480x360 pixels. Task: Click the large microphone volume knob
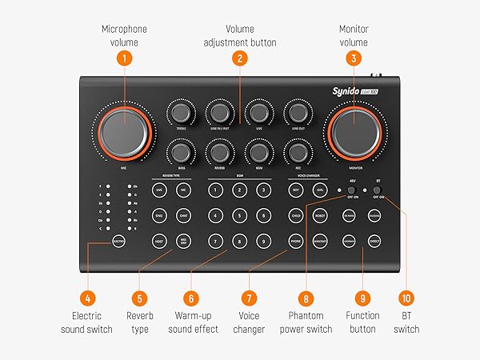tap(123, 131)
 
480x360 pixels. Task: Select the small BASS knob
tap(181, 152)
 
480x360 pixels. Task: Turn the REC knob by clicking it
tap(298, 152)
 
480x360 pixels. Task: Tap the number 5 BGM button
tap(239, 215)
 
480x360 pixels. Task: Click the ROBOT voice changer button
tap(319, 215)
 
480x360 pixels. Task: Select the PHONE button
tap(295, 240)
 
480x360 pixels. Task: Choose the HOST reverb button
tap(159, 240)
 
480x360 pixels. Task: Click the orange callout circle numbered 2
tap(239, 58)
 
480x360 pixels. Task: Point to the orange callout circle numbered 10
tap(406, 298)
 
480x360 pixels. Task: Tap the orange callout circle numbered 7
tap(249, 298)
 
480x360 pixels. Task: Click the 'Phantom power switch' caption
tap(306, 322)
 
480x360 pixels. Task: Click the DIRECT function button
tap(374, 240)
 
